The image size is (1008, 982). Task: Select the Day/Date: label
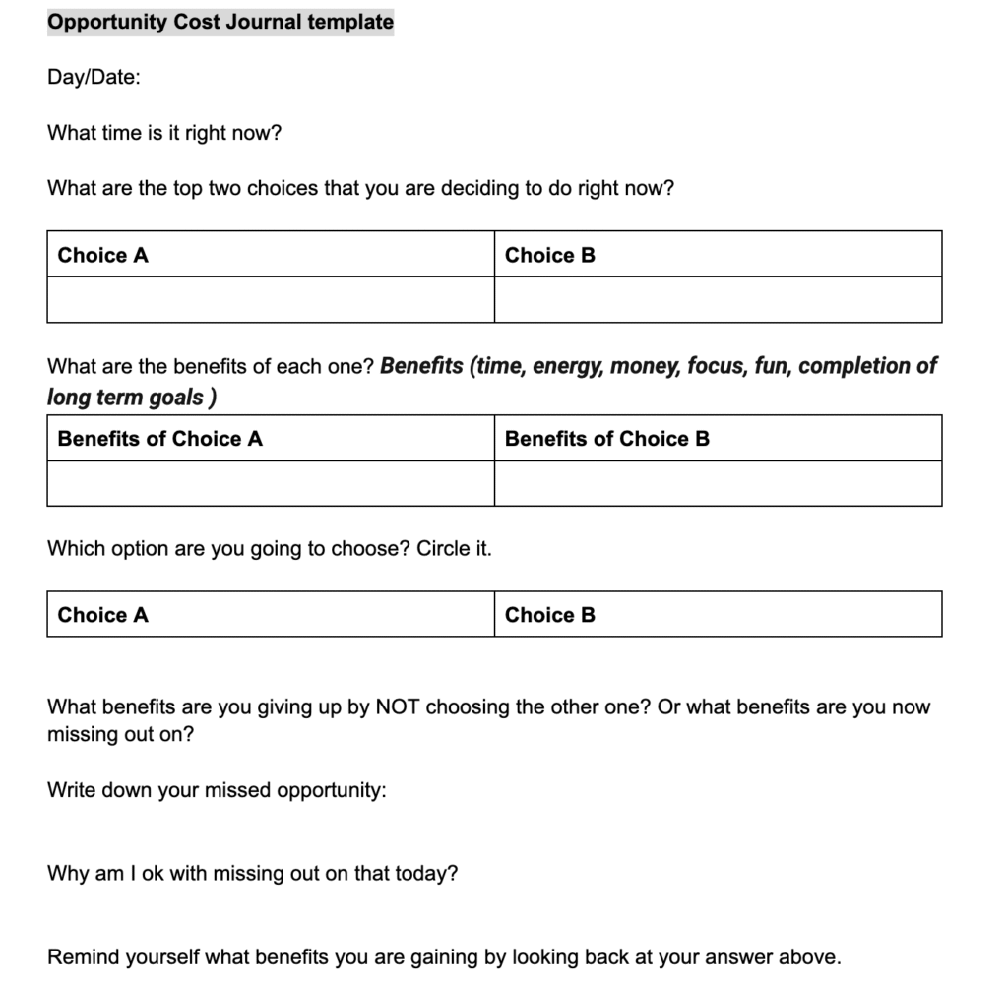click(x=94, y=77)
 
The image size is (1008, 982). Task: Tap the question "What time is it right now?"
click(x=163, y=133)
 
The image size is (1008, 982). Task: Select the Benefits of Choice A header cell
click(x=270, y=439)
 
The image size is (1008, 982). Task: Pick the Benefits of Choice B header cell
click(x=718, y=439)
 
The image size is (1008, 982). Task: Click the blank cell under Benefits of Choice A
click(x=270, y=483)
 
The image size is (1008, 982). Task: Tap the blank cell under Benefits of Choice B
click(x=718, y=483)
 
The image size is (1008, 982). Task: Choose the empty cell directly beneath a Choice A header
click(x=270, y=299)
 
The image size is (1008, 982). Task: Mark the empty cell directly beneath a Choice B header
click(x=718, y=299)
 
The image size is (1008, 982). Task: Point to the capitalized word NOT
click(x=398, y=706)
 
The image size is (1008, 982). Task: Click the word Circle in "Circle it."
click(x=445, y=548)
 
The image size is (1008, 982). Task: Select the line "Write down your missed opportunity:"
click(x=217, y=790)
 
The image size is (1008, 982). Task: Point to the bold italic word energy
click(x=567, y=367)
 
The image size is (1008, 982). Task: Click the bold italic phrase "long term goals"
click(x=126, y=398)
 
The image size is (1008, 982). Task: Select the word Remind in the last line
click(x=83, y=956)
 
